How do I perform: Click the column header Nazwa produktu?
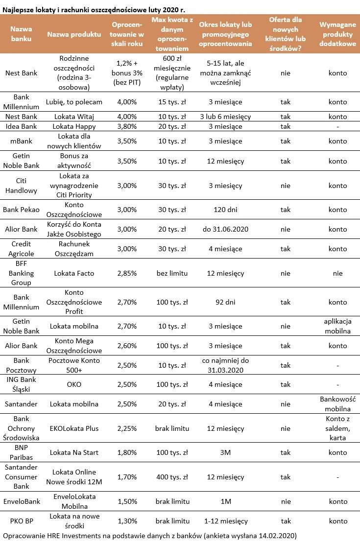coord(74,34)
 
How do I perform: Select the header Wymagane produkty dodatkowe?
coord(337,34)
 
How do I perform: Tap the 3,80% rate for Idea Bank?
coord(127,126)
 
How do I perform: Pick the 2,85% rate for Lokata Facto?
coord(127,273)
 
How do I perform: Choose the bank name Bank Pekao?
coord(22,210)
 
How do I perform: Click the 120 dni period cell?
coord(225,210)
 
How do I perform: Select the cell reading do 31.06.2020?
coord(225,229)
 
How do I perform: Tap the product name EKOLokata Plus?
coord(74,428)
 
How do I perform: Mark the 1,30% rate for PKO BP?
coord(127,521)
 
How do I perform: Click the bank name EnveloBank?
coord(22,501)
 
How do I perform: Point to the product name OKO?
coord(74,384)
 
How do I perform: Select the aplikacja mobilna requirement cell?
coord(337,326)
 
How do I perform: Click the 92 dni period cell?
coord(225,302)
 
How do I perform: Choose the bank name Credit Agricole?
coord(22,249)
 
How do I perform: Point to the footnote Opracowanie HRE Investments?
coord(149,536)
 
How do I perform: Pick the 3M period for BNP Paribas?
coord(225,452)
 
